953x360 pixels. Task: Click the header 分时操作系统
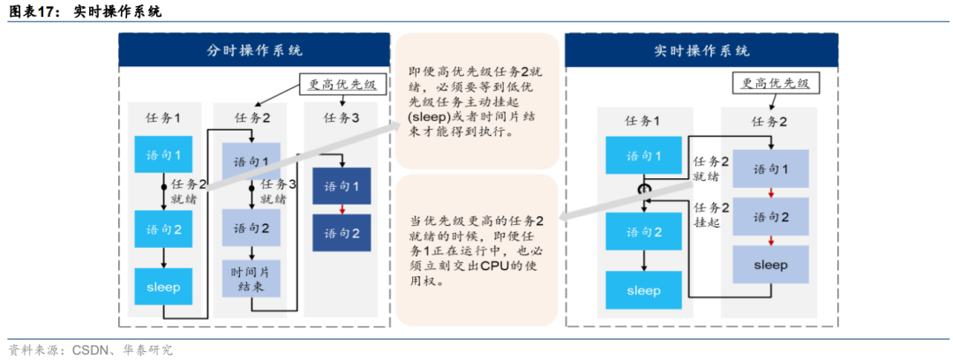point(254,50)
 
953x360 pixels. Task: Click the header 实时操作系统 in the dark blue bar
point(702,50)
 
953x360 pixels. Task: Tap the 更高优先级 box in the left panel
point(342,86)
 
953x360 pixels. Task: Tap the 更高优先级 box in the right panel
point(771,84)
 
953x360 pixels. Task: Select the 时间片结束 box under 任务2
point(251,280)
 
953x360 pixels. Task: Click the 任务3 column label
point(341,117)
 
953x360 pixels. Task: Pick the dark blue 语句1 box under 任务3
point(341,186)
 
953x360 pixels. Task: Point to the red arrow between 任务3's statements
point(341,210)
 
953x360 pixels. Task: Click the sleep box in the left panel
point(164,287)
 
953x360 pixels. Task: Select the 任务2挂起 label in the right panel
point(711,216)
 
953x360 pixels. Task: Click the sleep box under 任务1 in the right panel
point(643,290)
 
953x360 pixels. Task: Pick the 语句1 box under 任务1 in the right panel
point(643,156)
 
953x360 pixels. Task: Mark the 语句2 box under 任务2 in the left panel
point(251,228)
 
